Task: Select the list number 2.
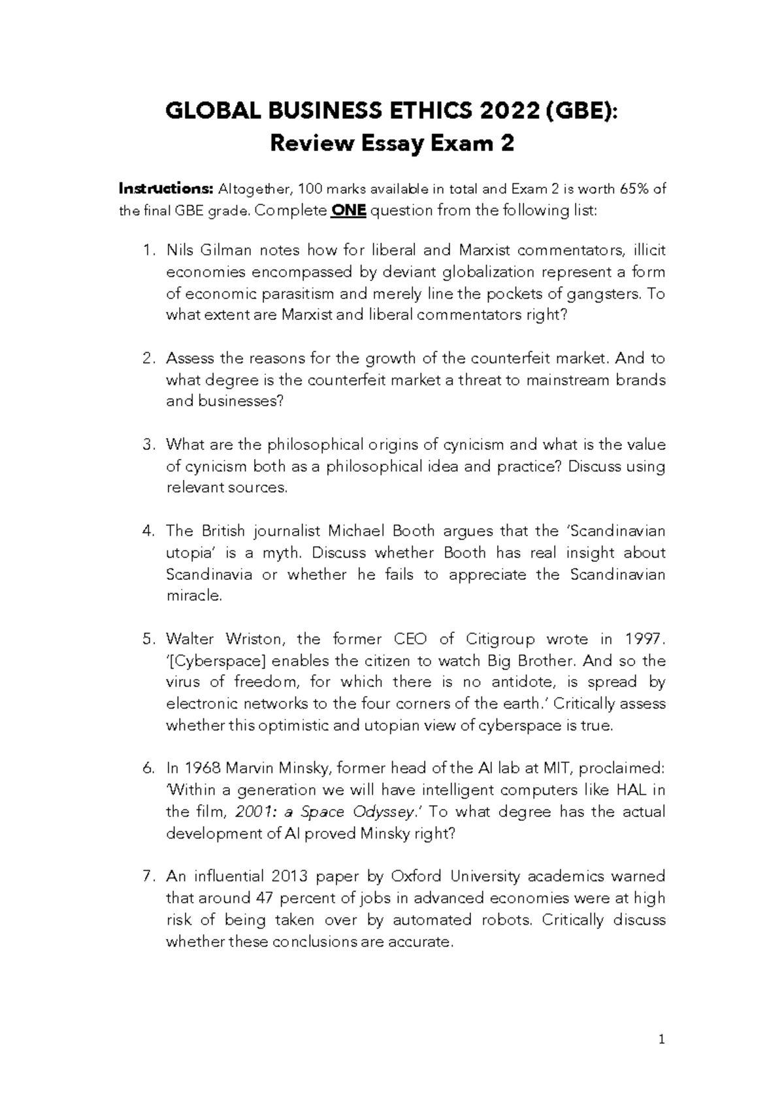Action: coord(148,358)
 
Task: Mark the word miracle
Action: coord(194,596)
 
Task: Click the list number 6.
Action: coord(148,768)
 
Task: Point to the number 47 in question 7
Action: coord(263,898)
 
